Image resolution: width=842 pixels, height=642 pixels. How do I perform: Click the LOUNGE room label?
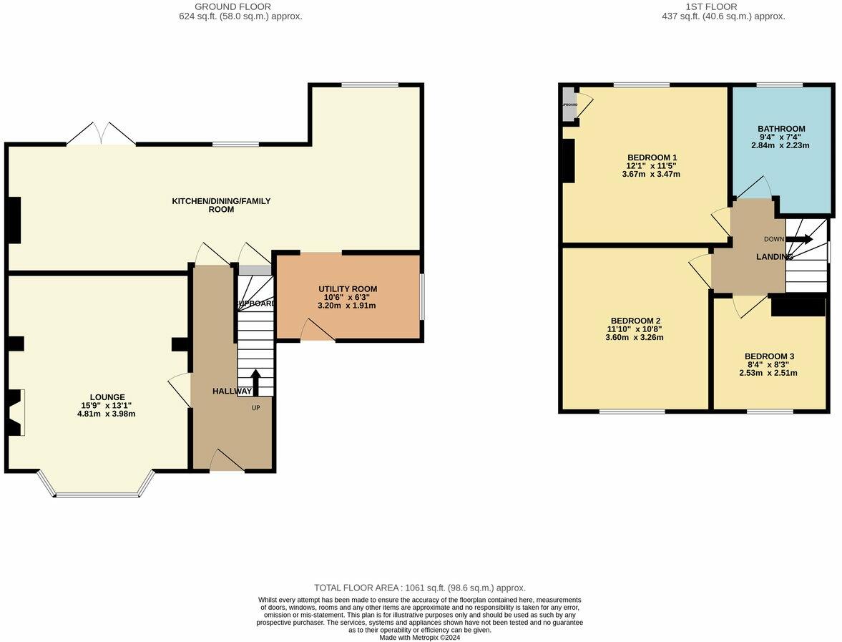pos(107,397)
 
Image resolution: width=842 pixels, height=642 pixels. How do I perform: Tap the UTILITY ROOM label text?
pos(348,288)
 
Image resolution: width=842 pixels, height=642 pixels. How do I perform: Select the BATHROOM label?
pos(781,129)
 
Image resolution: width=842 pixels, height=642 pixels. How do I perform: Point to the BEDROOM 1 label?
pos(652,157)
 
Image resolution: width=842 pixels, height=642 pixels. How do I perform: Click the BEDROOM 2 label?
pos(635,320)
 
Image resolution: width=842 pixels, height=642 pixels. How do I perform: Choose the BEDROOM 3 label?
pos(769,356)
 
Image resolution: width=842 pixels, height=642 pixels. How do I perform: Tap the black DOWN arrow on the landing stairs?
pos(798,239)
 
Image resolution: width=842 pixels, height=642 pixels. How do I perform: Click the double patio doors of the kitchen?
pos(101,135)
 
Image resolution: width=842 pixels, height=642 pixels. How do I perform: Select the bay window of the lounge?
pos(97,493)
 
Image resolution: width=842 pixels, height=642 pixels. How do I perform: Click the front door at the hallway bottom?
pos(227,462)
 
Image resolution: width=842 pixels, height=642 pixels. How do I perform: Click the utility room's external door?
pos(318,331)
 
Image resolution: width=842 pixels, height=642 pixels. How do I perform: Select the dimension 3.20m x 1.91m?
pos(347,306)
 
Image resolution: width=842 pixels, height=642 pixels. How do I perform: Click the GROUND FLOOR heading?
pos(223,6)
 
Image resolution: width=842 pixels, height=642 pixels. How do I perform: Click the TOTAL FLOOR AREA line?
pos(420,588)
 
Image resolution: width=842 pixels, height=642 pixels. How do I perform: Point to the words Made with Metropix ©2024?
pos(420,637)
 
